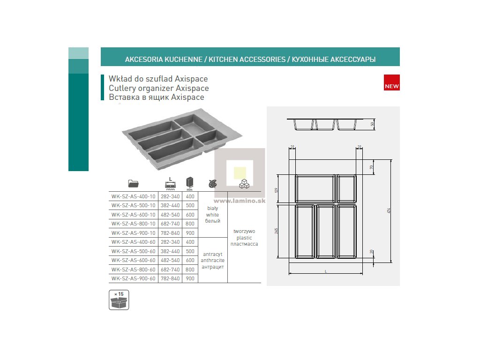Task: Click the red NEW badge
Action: coord(391,82)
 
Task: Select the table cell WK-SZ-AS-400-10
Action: coord(133,196)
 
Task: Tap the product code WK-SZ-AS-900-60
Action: coord(133,278)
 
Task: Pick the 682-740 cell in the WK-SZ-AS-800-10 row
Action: coord(170,224)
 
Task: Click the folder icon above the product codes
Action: coord(133,183)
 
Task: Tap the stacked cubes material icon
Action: coord(244,184)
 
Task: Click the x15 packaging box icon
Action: coord(119,300)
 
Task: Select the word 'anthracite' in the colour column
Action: coord(212,261)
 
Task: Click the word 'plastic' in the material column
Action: coord(244,238)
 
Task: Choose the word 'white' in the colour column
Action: coord(212,215)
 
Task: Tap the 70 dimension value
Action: coord(372,167)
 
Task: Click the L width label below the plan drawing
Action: coord(325,271)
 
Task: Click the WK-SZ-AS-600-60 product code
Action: coord(133,260)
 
